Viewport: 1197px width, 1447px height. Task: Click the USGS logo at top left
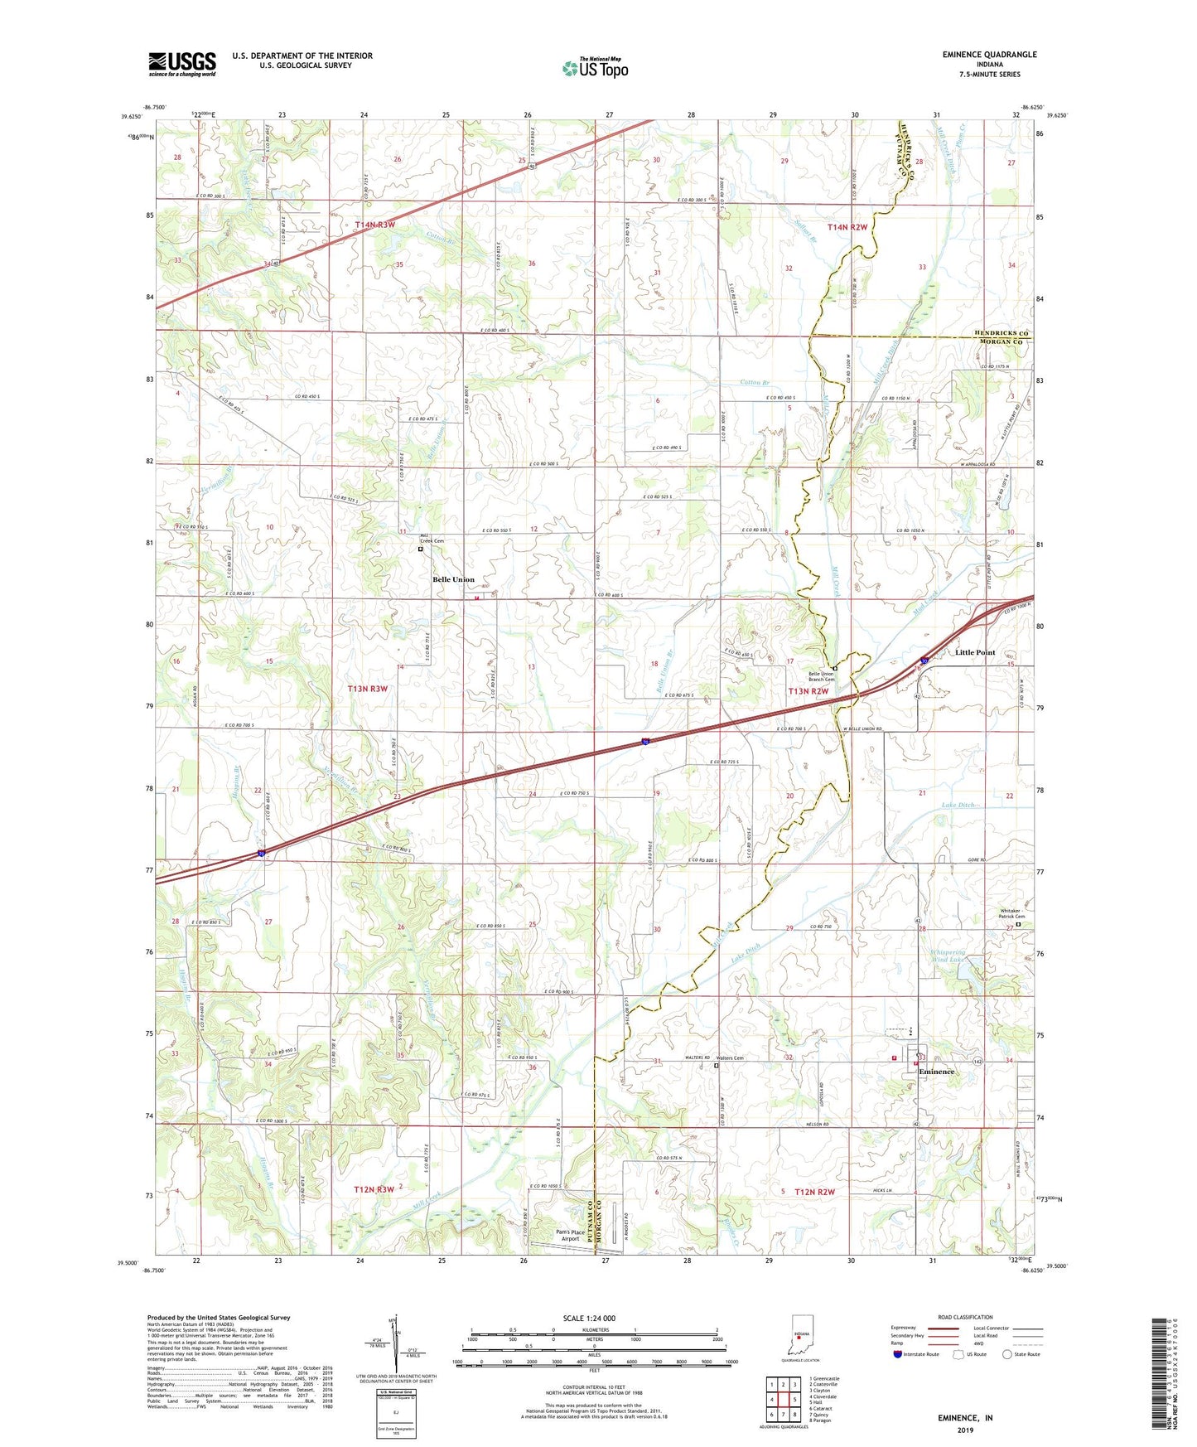tap(182, 63)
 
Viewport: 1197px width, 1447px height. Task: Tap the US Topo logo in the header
tap(595, 68)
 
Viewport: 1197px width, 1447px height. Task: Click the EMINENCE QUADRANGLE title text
tap(989, 55)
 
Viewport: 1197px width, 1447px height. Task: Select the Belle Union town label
tap(453, 579)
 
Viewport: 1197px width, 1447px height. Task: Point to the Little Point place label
tap(975, 652)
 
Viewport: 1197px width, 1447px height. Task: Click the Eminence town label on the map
tap(936, 1072)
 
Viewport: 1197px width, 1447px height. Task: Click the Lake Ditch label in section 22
tap(961, 805)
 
